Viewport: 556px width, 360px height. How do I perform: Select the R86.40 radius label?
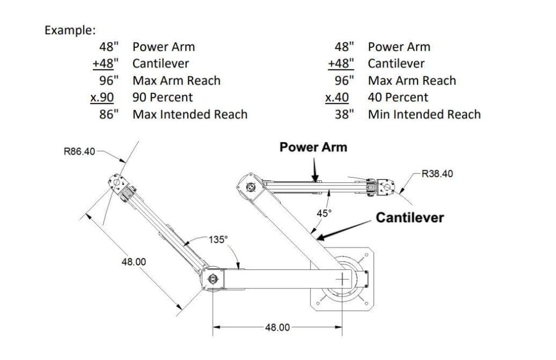79,151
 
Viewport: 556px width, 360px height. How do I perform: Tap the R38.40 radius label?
437,174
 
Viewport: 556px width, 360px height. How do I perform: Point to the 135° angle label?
218,240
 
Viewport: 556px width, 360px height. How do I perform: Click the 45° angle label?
324,213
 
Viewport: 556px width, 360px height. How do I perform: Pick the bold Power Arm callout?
313,147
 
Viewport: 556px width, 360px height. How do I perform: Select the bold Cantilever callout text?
410,217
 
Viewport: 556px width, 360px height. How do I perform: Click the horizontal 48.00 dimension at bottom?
277,327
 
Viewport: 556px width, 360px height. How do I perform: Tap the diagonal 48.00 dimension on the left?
134,262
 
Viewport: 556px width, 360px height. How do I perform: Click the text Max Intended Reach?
190,114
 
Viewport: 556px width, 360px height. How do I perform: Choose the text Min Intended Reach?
425,114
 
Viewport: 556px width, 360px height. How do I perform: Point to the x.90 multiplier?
102,98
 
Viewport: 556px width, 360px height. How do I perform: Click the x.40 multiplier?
337,98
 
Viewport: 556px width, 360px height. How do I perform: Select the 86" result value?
109,114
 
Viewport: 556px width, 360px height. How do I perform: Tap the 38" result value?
344,114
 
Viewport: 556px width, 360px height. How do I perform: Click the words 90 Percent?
163,98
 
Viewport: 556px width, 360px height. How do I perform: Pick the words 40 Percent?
398,98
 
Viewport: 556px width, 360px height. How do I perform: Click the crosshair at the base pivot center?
342,280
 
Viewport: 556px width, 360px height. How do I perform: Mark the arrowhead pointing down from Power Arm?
315,178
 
